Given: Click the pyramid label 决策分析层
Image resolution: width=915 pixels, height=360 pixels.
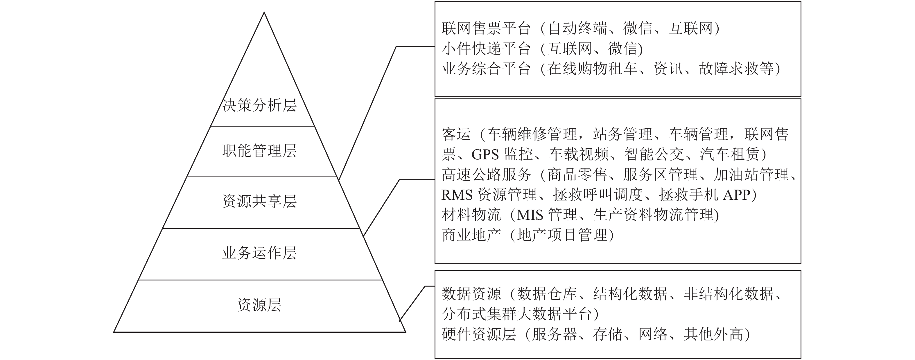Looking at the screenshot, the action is [x=259, y=105].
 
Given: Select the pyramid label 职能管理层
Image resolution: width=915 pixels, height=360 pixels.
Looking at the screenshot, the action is [x=259, y=151].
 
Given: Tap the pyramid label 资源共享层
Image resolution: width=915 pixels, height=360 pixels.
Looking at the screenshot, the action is [x=259, y=201].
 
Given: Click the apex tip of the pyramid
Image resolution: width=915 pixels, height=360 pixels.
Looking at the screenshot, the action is [x=264, y=13].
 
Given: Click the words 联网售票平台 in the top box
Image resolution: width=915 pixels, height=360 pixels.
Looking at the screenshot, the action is [x=486, y=28].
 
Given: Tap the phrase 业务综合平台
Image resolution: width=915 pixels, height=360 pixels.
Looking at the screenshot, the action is [x=486, y=69].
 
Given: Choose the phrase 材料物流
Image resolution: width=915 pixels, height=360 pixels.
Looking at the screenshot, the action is [x=471, y=215].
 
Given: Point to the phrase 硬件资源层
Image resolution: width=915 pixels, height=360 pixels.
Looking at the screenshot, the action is [x=479, y=334].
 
